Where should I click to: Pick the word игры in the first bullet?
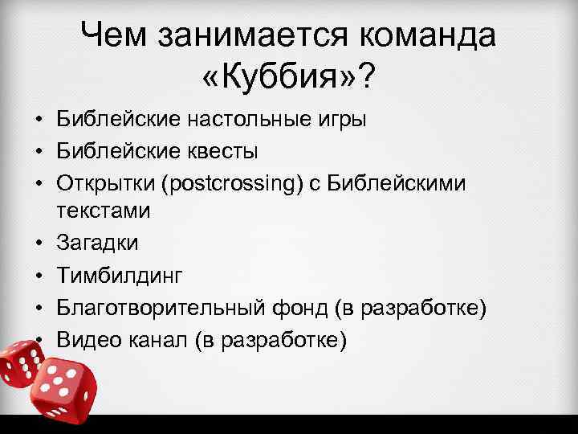pyautogui.click(x=342, y=121)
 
